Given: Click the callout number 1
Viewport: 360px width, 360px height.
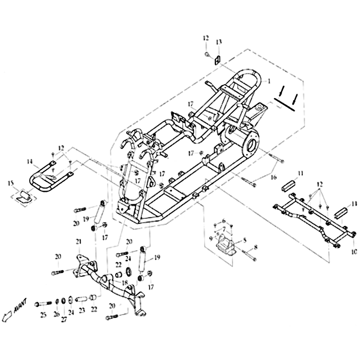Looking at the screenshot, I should (269, 81).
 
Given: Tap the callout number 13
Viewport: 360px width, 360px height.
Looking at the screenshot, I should (219, 42).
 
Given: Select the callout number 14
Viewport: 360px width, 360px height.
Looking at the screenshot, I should (30, 161).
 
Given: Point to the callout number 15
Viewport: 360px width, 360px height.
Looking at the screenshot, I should (11, 182).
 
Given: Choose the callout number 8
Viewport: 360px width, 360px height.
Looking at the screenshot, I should (256, 247).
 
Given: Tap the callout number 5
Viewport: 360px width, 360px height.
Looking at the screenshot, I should (245, 240).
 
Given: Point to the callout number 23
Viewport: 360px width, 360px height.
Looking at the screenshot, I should (81, 310).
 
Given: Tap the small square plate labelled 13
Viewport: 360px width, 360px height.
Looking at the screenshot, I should (217, 59).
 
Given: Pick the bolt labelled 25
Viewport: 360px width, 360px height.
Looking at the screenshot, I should (43, 304).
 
